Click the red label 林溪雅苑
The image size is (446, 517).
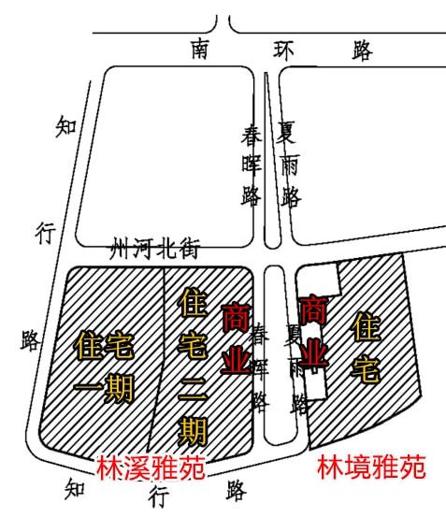pyautogui.click(x=151, y=467)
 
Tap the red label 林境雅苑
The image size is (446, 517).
pyautogui.click(x=371, y=467)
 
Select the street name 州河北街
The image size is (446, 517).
pyautogui.click(x=155, y=249)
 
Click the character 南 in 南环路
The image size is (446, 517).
pyautogui.click(x=200, y=50)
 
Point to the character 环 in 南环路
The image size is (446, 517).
pyautogui.click(x=283, y=50)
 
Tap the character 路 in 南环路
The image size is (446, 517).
pyautogui.click(x=362, y=51)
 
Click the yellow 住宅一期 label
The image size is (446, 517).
pyautogui.click(x=104, y=367)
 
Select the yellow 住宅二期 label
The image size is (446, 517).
pyautogui.click(x=194, y=366)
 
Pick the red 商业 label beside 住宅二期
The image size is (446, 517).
pyautogui.click(x=236, y=337)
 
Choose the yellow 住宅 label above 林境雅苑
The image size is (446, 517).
pyautogui.click(x=366, y=348)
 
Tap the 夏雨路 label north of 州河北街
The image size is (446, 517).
pyautogui.click(x=288, y=165)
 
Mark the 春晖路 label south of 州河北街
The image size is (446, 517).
pyautogui.click(x=260, y=367)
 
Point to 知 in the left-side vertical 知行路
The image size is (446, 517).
pyautogui.click(x=66, y=126)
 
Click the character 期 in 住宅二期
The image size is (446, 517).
pyautogui.click(x=193, y=432)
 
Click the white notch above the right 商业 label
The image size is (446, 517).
pyautogui.click(x=318, y=279)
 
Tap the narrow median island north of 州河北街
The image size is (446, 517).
pyautogui.click(x=272, y=161)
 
